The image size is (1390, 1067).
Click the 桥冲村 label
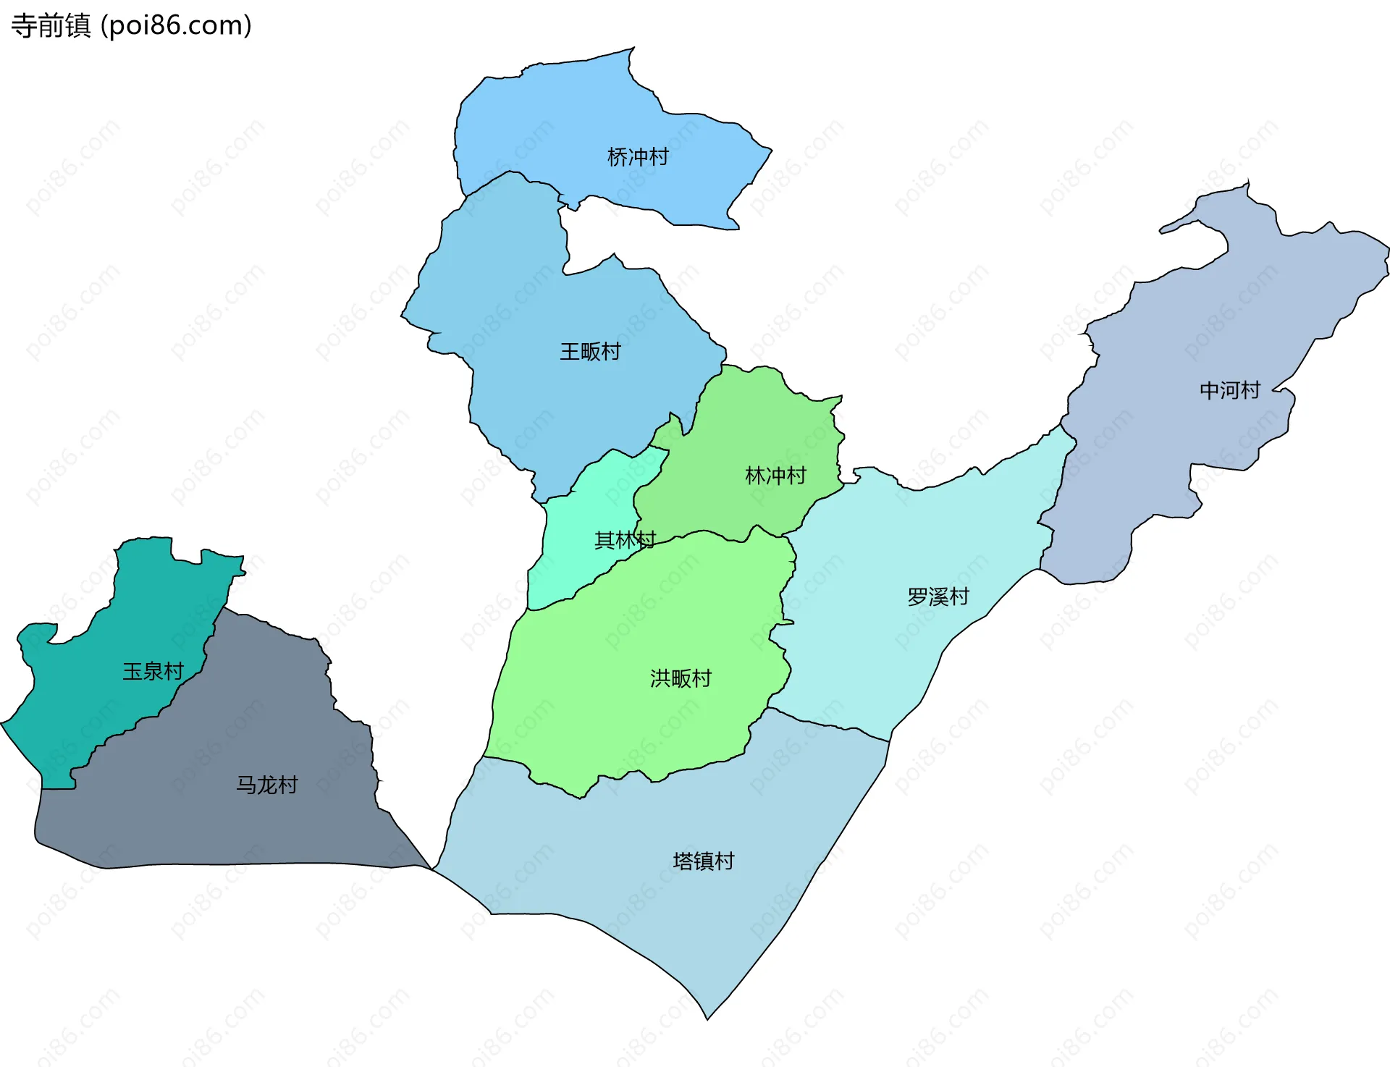[x=638, y=157]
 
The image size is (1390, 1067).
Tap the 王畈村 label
[x=590, y=352]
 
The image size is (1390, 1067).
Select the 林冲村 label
[x=775, y=476]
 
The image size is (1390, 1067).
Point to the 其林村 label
[x=624, y=540]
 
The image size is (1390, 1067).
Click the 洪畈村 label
[x=681, y=678]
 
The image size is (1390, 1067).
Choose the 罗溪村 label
[x=938, y=596]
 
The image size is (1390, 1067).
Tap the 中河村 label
[x=1230, y=390]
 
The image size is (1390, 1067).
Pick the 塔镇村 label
[x=704, y=861]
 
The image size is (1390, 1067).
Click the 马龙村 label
[x=267, y=785]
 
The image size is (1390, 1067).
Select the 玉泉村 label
[x=153, y=671]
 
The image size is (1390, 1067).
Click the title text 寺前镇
[x=51, y=26]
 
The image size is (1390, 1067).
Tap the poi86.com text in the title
[x=176, y=26]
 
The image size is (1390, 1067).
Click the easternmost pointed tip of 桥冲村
[x=772, y=151]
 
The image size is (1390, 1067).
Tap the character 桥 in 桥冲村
[x=618, y=157]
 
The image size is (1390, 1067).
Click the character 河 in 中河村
[x=1230, y=390]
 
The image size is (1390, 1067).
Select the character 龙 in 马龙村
[x=267, y=785]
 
